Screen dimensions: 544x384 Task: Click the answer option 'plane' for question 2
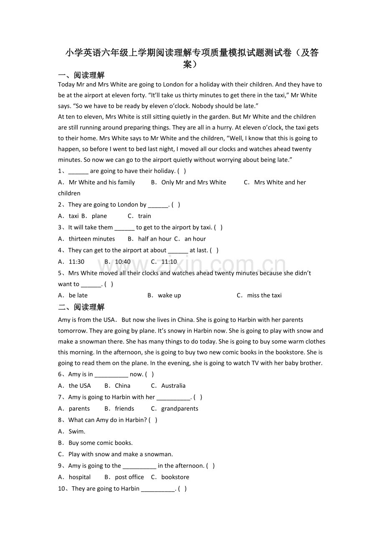coord(99,216)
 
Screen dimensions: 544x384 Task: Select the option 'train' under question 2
coord(144,216)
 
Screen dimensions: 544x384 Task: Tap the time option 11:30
coord(76,262)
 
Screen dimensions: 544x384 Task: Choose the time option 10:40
coord(123,262)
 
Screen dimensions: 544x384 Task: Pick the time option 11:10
coord(169,262)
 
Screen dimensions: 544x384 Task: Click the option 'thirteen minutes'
coord(91,239)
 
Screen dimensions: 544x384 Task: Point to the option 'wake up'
coord(169,295)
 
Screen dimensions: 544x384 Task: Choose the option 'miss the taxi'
coord(264,295)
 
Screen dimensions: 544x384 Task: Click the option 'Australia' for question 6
coord(173,386)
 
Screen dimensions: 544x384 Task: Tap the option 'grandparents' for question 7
coord(179,409)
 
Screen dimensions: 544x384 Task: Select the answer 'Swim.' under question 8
coord(77,432)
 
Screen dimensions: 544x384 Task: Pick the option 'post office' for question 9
coord(129,477)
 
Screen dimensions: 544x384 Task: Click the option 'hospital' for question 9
coord(79,477)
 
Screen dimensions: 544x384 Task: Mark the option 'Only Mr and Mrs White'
coord(194,182)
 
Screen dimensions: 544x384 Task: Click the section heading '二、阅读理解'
coord(81,307)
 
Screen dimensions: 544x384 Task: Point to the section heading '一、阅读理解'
coord(81,75)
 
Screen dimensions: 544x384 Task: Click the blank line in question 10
coord(158,489)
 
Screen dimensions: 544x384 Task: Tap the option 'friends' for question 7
coord(124,409)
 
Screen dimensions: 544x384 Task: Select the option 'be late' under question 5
coord(78,295)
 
